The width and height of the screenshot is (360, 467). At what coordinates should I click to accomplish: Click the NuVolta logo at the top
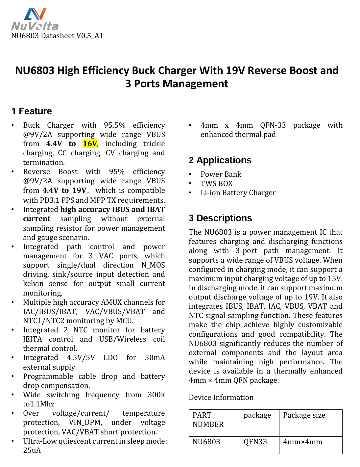[x=35, y=19]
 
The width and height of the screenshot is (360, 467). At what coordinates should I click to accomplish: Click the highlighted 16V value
[x=90, y=144]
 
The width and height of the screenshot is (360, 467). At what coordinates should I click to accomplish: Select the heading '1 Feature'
[x=32, y=111]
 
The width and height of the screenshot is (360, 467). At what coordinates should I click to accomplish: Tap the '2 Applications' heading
[x=220, y=160]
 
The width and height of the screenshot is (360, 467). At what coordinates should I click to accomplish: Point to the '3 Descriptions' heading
[x=220, y=218]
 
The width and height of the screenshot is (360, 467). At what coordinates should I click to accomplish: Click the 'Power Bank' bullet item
[x=221, y=174]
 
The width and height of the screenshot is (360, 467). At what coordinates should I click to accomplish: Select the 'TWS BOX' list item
[x=217, y=184]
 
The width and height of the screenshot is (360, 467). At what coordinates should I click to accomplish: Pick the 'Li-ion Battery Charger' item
[x=238, y=193]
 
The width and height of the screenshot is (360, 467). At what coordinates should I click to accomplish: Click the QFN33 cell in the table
[x=255, y=442]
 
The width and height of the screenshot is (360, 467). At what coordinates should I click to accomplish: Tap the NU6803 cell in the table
[x=206, y=442]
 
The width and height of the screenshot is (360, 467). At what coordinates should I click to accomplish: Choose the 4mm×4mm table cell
[x=302, y=442]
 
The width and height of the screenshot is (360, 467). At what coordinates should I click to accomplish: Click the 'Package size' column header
[x=304, y=415]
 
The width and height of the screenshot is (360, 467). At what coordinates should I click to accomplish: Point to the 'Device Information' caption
[x=221, y=398]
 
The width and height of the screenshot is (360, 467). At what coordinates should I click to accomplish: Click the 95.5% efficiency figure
[x=115, y=125]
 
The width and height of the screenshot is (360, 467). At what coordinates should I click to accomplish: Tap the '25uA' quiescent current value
[x=32, y=451]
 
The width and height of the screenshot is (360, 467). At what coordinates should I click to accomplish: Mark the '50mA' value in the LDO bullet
[x=155, y=358]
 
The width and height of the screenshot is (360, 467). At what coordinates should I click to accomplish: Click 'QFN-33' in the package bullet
[x=273, y=125]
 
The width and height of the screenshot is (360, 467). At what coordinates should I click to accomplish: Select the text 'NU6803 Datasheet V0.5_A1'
[x=57, y=36]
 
